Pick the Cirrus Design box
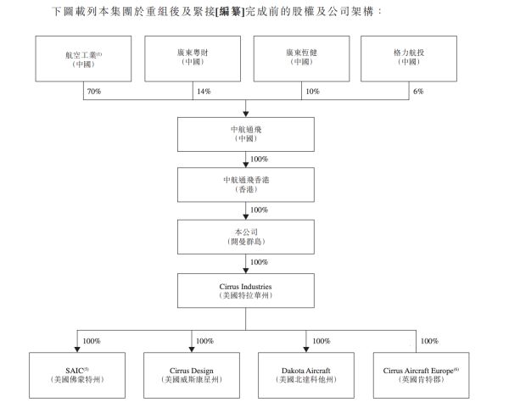point(191,374)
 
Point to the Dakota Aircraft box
point(305,374)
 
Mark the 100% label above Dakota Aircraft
point(319,341)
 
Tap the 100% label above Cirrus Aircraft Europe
point(429,341)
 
